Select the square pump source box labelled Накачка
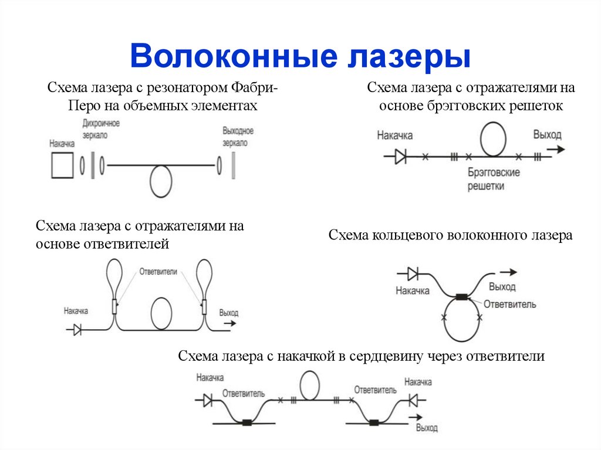[62, 165]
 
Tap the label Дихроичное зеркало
[102, 128]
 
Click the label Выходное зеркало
[238, 136]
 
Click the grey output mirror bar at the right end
[234, 165]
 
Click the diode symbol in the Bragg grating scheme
[401, 157]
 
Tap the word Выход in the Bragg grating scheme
[547, 135]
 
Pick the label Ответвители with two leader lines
[158, 273]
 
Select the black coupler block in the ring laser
[462, 297]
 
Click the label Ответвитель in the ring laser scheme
[510, 304]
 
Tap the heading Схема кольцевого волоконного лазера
[450, 236]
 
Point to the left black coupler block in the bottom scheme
[247, 422]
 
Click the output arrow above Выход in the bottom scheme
[418, 417]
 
